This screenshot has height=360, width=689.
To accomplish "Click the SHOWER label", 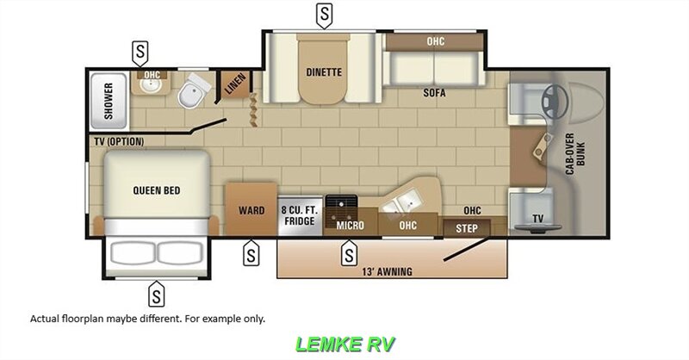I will click(109, 101).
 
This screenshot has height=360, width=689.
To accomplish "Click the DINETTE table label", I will click(324, 71).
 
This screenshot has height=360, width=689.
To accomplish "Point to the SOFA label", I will click(434, 93).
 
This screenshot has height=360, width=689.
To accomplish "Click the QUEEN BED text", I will click(157, 190).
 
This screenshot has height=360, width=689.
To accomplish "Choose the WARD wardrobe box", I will click(251, 210).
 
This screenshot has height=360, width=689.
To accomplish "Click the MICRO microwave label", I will click(351, 226).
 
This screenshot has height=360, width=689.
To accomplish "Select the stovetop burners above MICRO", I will click(347, 204).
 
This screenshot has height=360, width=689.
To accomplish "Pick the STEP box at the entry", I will click(466, 227).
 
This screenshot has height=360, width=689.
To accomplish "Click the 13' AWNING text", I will click(388, 272).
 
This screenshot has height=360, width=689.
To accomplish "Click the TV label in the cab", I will click(538, 218).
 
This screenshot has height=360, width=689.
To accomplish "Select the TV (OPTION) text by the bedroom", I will click(117, 141).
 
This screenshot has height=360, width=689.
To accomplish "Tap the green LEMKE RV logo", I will click(344, 343).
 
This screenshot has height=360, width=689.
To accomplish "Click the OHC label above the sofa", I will click(436, 41).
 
